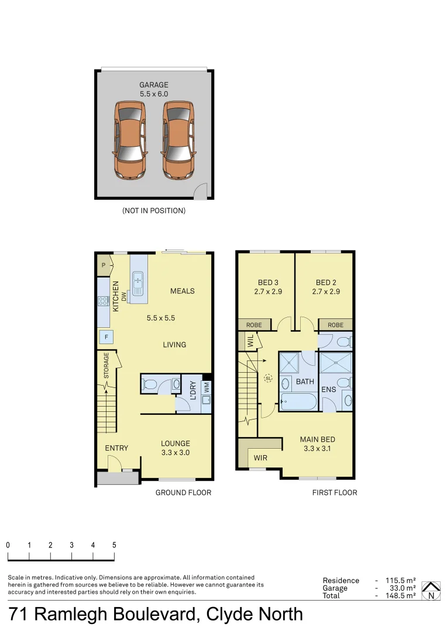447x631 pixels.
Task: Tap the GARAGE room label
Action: coord(154,85)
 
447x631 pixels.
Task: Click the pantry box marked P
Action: coord(104,265)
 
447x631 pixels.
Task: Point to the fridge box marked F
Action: coord(106,337)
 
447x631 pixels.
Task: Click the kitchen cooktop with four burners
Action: coord(103,301)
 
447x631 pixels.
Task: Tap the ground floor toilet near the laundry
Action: coord(149,384)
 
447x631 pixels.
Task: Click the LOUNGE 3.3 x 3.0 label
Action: coord(176,448)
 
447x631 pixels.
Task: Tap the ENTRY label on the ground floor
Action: coord(116,448)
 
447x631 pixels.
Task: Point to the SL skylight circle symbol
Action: coord(269,378)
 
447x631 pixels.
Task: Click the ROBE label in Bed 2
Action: coord(335,325)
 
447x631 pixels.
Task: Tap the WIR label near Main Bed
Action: coord(260,458)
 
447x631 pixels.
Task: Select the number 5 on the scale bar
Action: coord(114,545)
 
